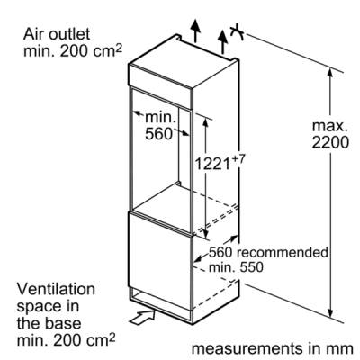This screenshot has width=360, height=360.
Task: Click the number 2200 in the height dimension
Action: (330, 142)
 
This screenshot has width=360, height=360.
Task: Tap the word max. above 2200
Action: (330, 126)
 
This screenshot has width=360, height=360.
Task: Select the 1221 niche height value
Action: (212, 164)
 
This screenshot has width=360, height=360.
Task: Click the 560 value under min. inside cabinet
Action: (159, 134)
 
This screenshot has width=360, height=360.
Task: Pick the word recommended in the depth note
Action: (283, 252)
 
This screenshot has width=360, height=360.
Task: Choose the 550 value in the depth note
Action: (251, 267)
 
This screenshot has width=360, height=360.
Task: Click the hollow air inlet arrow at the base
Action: (142, 318)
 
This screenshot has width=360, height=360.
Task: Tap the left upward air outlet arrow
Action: (195, 31)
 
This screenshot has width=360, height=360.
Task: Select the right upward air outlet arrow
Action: (222, 41)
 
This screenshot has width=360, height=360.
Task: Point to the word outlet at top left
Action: (69, 34)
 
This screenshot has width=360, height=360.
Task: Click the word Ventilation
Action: (56, 289)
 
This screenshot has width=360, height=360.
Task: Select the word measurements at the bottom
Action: (247, 348)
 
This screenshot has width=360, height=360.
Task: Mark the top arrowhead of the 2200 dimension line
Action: (330, 74)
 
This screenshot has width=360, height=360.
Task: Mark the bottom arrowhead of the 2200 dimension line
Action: (330, 312)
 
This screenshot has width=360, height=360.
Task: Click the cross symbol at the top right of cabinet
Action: (237, 31)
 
